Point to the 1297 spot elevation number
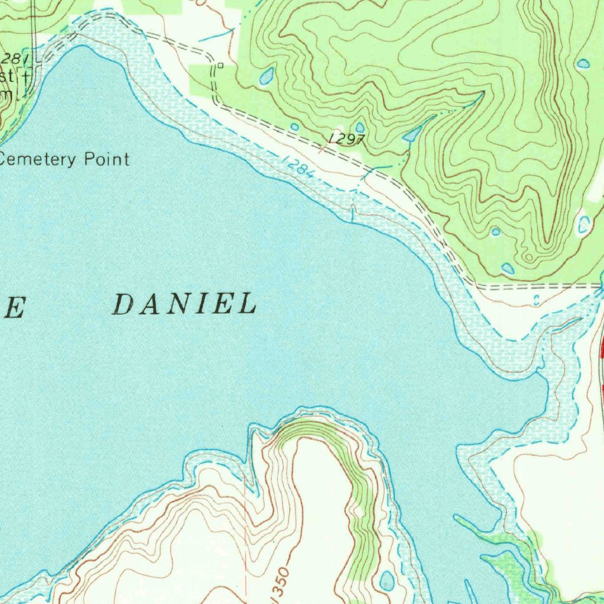(348, 139)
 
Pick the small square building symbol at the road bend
(220, 65)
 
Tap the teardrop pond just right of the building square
(267, 75)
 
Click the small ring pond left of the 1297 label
(294, 126)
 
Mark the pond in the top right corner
(583, 63)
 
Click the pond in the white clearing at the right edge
(583, 224)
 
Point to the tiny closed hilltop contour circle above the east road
(529, 257)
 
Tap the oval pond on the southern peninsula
(387, 581)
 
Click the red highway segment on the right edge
(602, 348)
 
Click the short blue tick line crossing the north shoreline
(353, 213)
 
